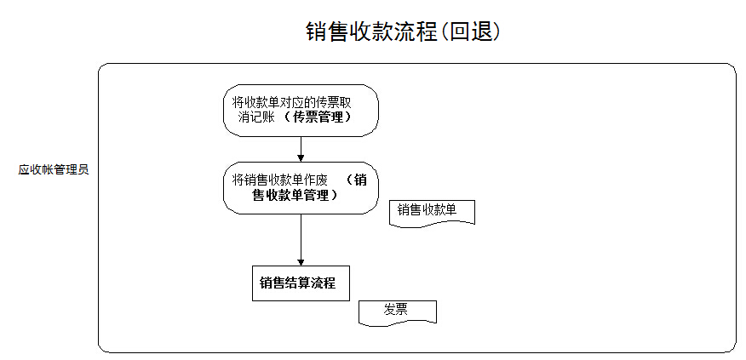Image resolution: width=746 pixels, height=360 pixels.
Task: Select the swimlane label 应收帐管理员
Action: pos(54,169)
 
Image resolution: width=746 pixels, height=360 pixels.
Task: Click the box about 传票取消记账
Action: pos(301,110)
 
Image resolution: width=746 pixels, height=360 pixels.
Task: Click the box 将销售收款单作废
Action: pos(301,187)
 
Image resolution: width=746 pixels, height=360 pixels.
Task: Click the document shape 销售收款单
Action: pos(431,211)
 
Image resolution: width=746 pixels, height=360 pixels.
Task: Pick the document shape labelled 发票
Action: pos(397,311)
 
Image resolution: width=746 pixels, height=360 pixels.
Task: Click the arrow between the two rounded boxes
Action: pos(301,148)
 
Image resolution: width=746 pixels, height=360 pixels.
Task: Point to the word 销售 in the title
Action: pos(326,31)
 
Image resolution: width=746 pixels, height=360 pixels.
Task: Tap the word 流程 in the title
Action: pos(415,31)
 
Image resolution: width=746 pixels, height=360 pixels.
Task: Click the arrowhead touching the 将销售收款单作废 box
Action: pos(301,157)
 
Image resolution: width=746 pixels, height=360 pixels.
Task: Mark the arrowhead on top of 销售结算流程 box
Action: pos(301,261)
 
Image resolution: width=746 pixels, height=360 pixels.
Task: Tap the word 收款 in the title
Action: pos(370,31)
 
